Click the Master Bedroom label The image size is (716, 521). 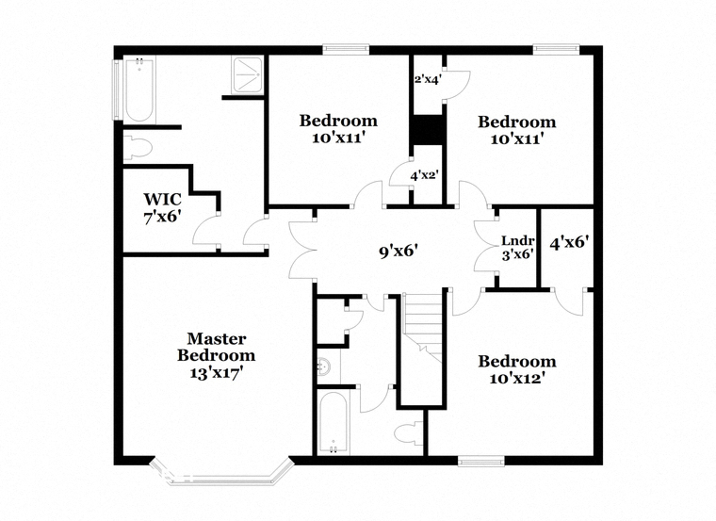(x=217, y=347)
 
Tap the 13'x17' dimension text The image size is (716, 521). (x=216, y=373)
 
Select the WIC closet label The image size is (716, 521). (x=163, y=200)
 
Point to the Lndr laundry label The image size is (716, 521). (x=518, y=240)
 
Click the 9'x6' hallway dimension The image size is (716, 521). (x=399, y=251)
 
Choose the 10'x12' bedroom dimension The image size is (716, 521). (x=517, y=379)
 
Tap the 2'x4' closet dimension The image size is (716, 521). (x=428, y=79)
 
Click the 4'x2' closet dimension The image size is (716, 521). (x=424, y=175)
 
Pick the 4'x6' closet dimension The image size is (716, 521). (x=568, y=242)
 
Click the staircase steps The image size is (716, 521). (x=424, y=328)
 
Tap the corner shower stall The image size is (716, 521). (x=247, y=75)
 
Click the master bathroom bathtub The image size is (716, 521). (x=139, y=90)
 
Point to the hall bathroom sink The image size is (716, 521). (x=325, y=366)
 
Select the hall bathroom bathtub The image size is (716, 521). (x=333, y=422)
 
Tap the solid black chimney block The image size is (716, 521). (x=428, y=130)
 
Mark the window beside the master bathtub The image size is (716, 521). (x=117, y=90)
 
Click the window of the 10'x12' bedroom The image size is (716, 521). (x=481, y=461)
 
